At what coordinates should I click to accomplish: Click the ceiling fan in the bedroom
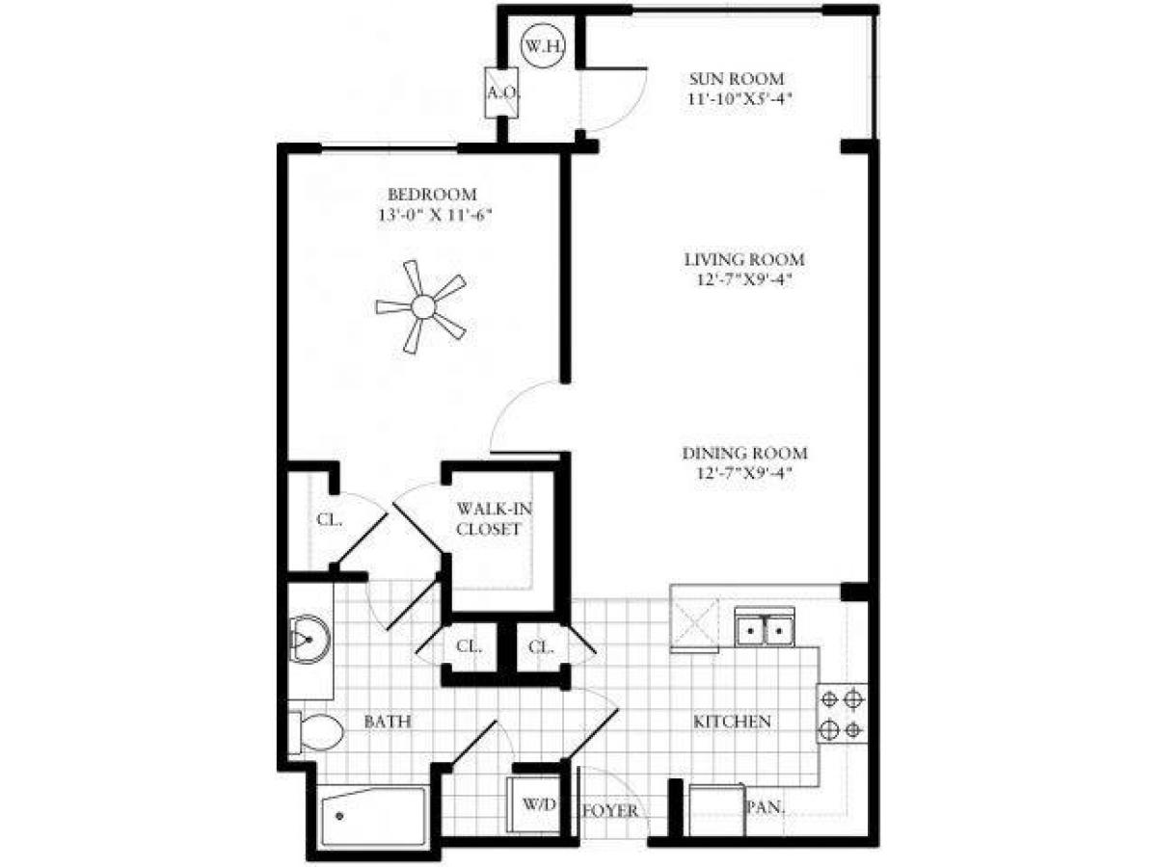421,307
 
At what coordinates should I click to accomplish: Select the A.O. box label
498,93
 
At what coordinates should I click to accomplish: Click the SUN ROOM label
736,79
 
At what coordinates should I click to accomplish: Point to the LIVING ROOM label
743,260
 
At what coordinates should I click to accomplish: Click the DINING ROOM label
744,454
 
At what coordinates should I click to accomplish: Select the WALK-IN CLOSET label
490,518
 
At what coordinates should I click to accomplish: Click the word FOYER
609,811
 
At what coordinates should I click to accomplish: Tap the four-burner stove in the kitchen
842,714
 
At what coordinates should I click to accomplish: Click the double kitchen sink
764,630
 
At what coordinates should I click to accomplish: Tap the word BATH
389,722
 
